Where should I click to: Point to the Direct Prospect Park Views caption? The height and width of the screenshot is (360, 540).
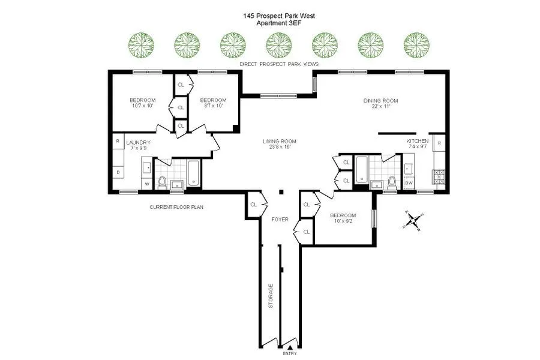click(x=278, y=64)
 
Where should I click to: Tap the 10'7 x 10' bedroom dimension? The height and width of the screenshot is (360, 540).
click(x=143, y=106)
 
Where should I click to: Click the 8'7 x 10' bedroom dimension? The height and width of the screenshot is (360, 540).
click(x=213, y=106)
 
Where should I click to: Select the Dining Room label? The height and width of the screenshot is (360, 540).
click(x=380, y=101)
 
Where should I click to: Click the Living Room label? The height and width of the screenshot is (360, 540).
click(x=280, y=142)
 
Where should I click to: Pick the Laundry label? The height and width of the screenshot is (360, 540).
click(x=137, y=142)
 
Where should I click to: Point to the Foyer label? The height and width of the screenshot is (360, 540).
click(x=280, y=219)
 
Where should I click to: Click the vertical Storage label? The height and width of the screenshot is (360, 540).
click(x=271, y=296)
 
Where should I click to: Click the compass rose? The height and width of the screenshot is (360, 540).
click(x=413, y=220)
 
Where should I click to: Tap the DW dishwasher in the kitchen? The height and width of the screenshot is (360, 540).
click(x=409, y=183)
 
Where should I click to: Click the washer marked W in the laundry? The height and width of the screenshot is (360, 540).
click(x=146, y=183)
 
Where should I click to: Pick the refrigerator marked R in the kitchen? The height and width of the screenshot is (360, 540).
click(x=439, y=143)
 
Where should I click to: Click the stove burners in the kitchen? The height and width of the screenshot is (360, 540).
click(x=437, y=177)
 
